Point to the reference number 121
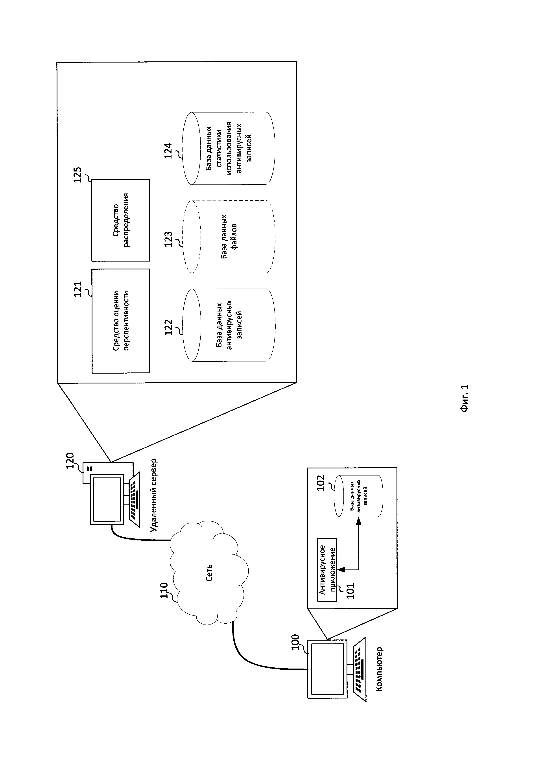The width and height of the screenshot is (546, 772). (x=78, y=289)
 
